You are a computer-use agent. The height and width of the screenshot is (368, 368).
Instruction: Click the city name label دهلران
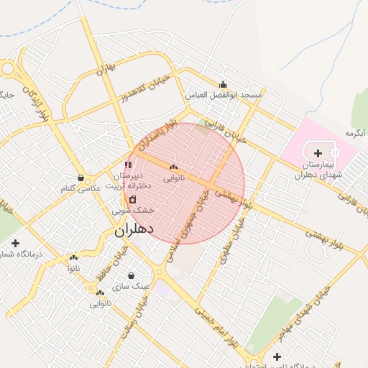(134, 230)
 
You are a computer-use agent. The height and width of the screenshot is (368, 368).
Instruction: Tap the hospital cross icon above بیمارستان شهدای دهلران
(318, 153)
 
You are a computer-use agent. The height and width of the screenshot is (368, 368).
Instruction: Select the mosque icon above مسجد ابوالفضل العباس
(223, 84)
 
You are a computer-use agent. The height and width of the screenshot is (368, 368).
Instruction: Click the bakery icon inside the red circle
(173, 167)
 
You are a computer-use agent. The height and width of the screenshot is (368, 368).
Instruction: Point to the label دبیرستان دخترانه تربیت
(129, 180)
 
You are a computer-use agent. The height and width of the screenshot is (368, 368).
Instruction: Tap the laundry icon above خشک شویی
(132, 198)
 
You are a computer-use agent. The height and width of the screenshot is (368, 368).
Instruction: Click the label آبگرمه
(356, 133)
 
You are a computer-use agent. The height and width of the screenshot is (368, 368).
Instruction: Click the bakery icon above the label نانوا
(73, 257)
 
